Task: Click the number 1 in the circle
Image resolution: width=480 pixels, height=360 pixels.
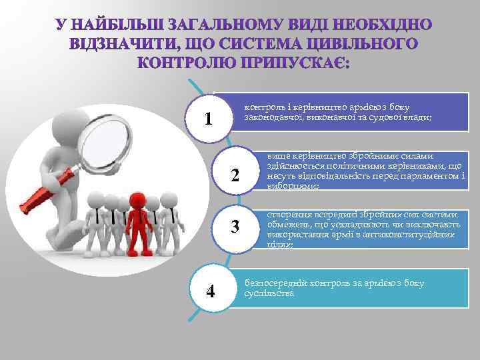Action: [x=209, y=119]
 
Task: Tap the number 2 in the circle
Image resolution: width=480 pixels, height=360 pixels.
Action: [x=235, y=176]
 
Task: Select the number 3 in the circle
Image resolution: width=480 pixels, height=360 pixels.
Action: [x=235, y=227]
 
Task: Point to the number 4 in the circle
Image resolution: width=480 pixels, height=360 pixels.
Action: [x=211, y=291]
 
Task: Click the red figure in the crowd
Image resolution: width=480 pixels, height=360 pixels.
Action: [x=138, y=220]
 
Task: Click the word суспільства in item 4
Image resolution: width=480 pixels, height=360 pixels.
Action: [x=269, y=293]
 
